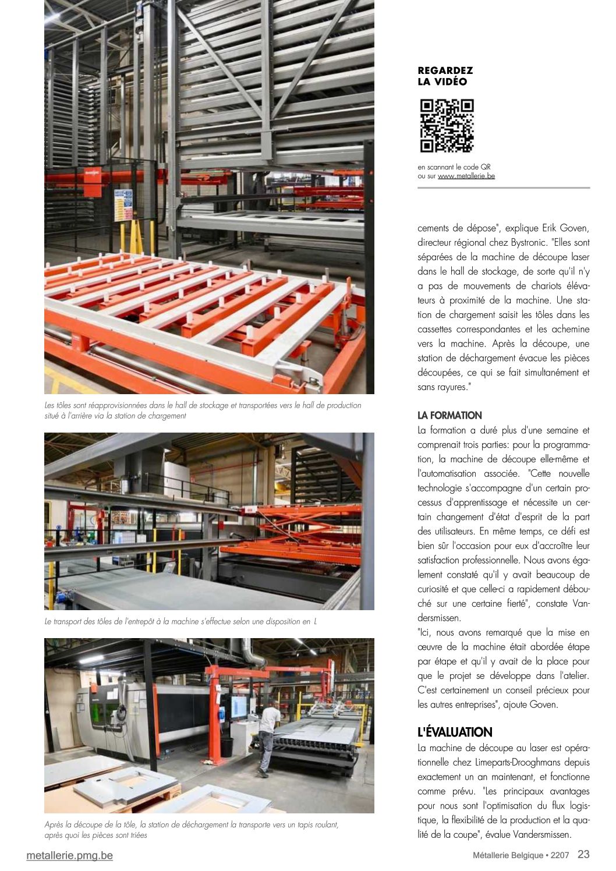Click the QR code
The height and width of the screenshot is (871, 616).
pyautogui.click(x=447, y=126)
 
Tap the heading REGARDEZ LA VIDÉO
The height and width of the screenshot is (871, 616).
pyautogui.click(x=445, y=76)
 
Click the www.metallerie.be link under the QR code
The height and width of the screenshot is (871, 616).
pyautogui.click(x=466, y=176)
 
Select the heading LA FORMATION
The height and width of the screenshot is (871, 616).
pyautogui.click(x=449, y=416)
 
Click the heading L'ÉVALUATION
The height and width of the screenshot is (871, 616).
pyautogui.click(x=455, y=732)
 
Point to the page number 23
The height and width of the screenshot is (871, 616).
pyautogui.click(x=583, y=854)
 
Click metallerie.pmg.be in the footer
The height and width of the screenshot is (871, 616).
pyautogui.click(x=70, y=855)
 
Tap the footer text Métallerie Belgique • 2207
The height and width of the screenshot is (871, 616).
pyautogui.click(x=522, y=855)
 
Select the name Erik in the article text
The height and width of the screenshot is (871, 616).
pyautogui.click(x=550, y=228)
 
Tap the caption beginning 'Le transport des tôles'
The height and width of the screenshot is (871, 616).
pyautogui.click(x=180, y=622)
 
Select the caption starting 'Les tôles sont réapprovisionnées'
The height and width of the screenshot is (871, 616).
pyautogui.click(x=203, y=410)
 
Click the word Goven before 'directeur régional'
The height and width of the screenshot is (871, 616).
pyautogui.click(x=575, y=228)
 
